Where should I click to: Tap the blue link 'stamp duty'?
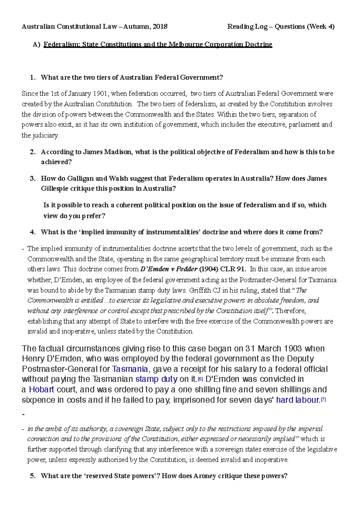[156, 379]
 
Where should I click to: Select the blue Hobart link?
[41, 390]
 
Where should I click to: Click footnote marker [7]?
[323, 400]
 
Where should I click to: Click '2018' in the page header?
[160, 27]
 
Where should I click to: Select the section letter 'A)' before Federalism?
[36, 45]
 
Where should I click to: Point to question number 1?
[32, 78]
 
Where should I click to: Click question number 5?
[32, 476]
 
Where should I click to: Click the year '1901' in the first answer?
[100, 94]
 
